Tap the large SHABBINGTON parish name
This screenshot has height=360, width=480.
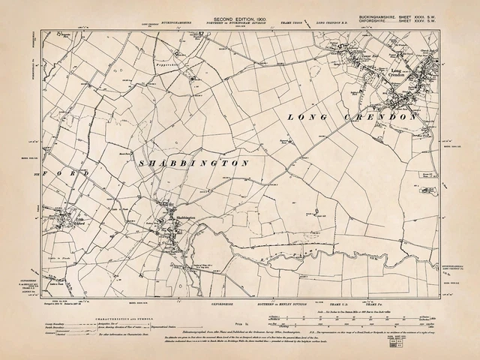click(194, 162)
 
